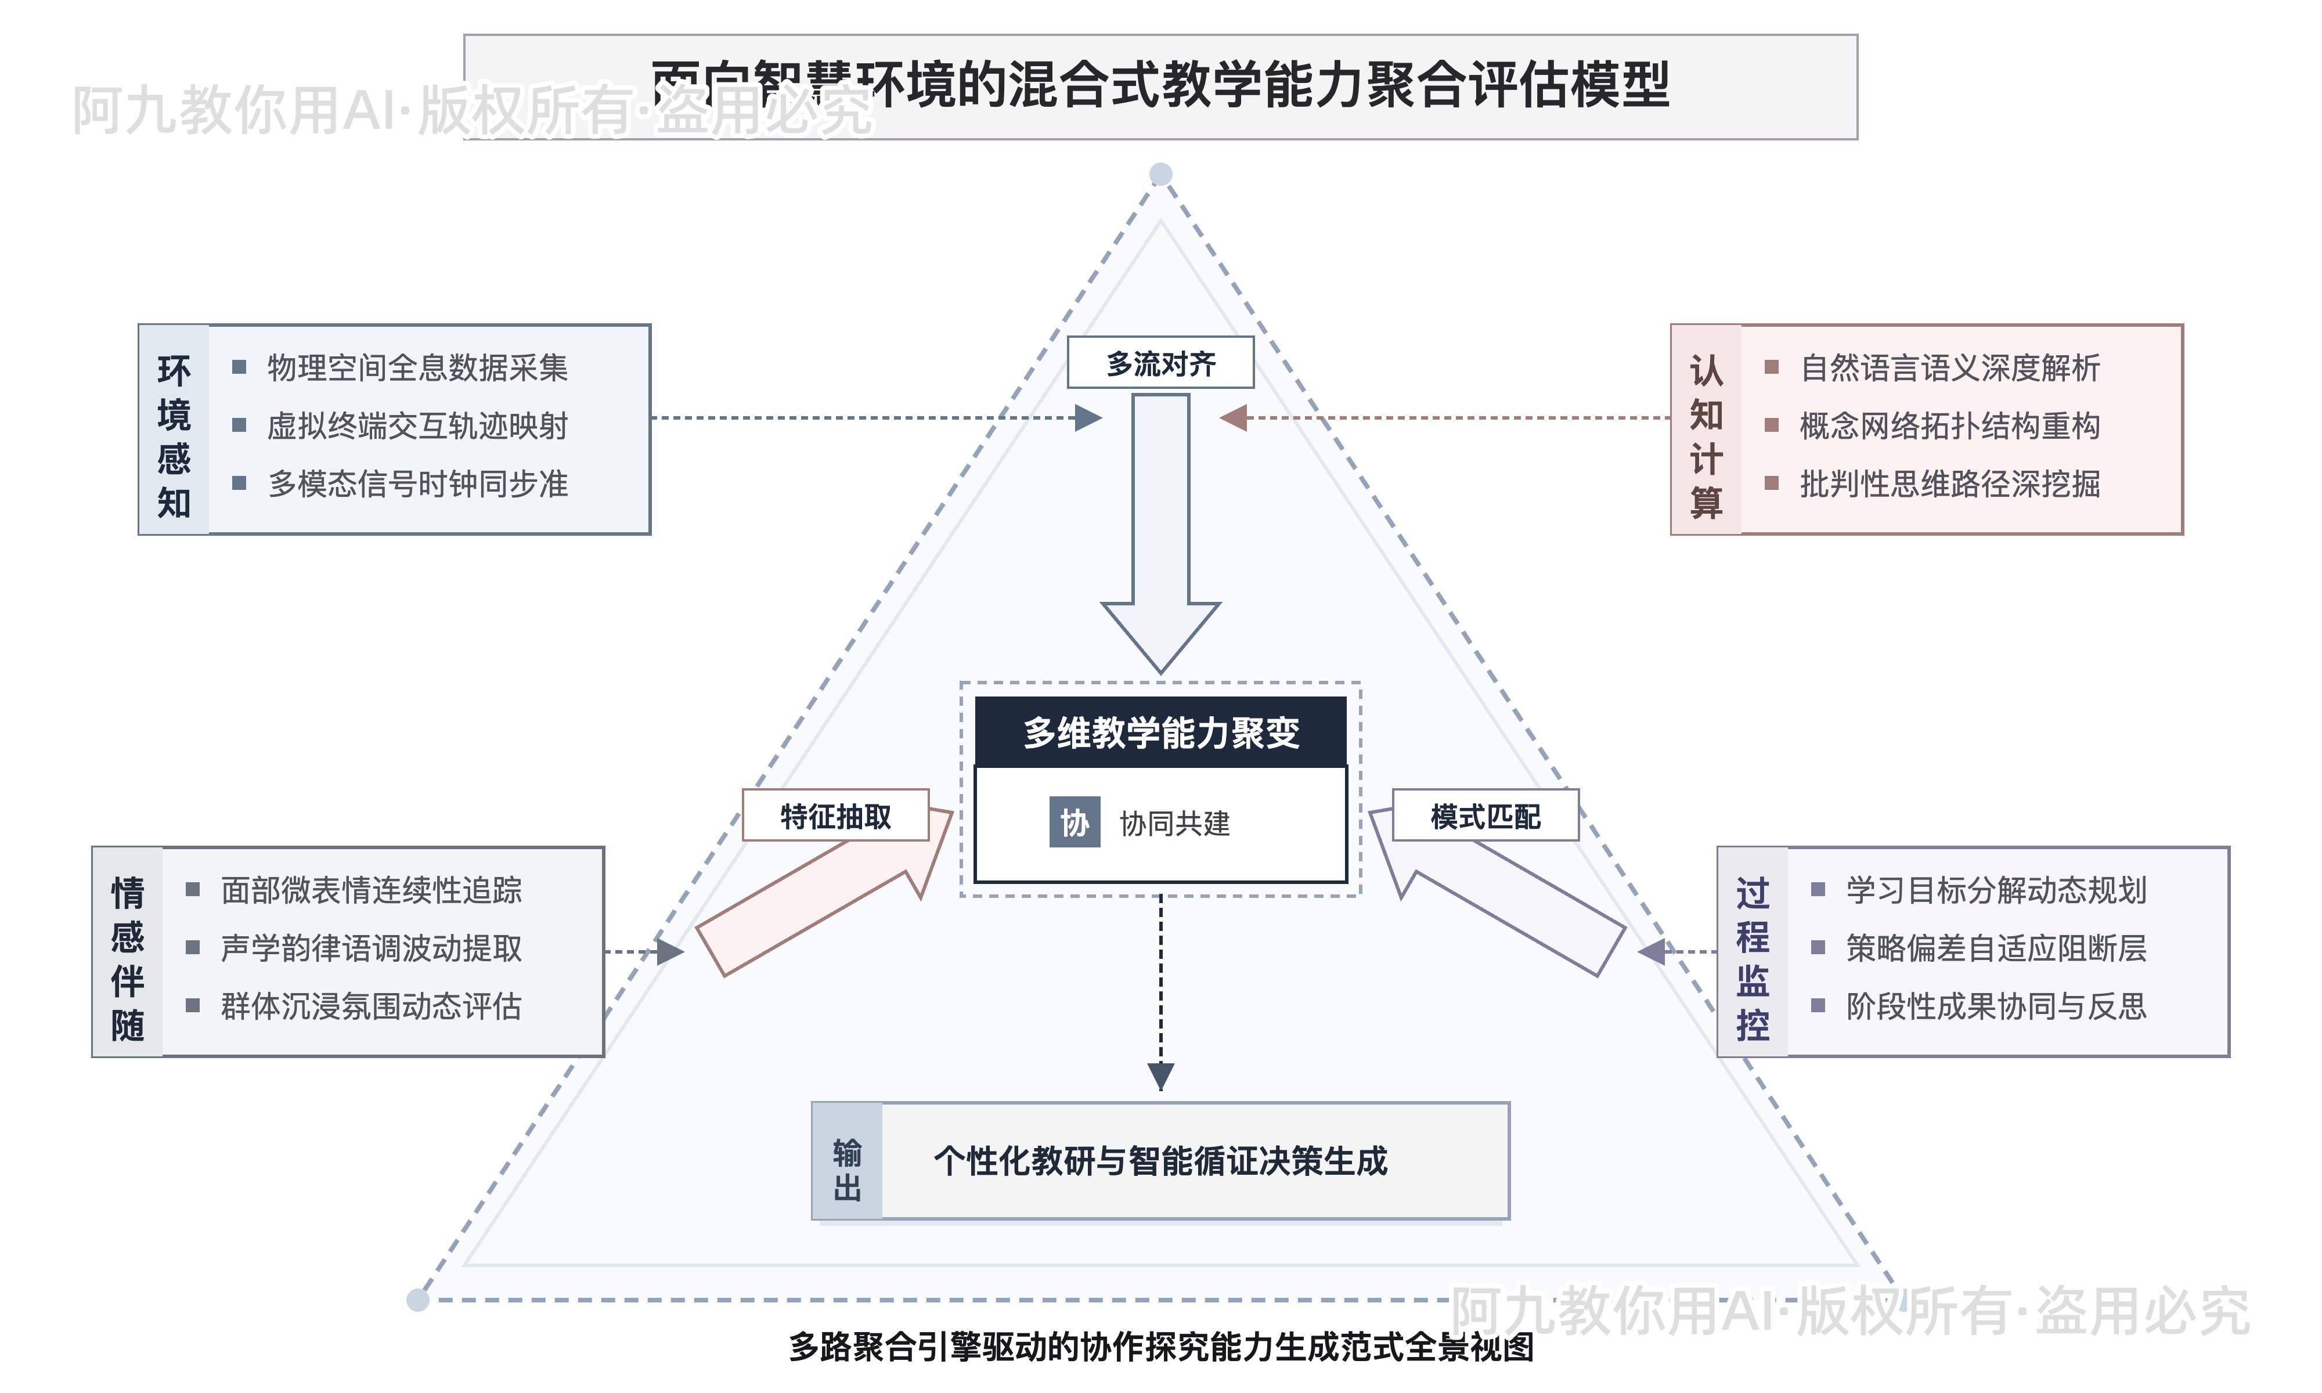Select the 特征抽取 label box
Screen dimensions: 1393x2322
pyautogui.click(x=835, y=815)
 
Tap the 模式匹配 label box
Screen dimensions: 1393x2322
pyautogui.click(x=1485, y=815)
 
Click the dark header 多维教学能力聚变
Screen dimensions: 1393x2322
pyautogui.click(x=1161, y=732)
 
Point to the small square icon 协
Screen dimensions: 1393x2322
pyautogui.click(x=1075, y=823)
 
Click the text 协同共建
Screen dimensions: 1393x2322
pyautogui.click(x=1174, y=823)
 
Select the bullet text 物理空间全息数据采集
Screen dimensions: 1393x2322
pyautogui.click(x=417, y=368)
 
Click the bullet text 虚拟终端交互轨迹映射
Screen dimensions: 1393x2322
pyautogui.click(x=417, y=426)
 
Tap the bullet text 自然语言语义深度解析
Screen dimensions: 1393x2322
pyautogui.click(x=1949, y=368)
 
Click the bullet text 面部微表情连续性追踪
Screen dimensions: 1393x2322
pyautogui.click(x=372, y=890)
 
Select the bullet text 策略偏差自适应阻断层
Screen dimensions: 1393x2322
pyautogui.click(x=1996, y=948)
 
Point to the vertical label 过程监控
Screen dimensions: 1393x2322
pyautogui.click(x=1753, y=958)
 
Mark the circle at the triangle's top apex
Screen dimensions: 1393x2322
pyautogui.click(x=1161, y=174)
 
